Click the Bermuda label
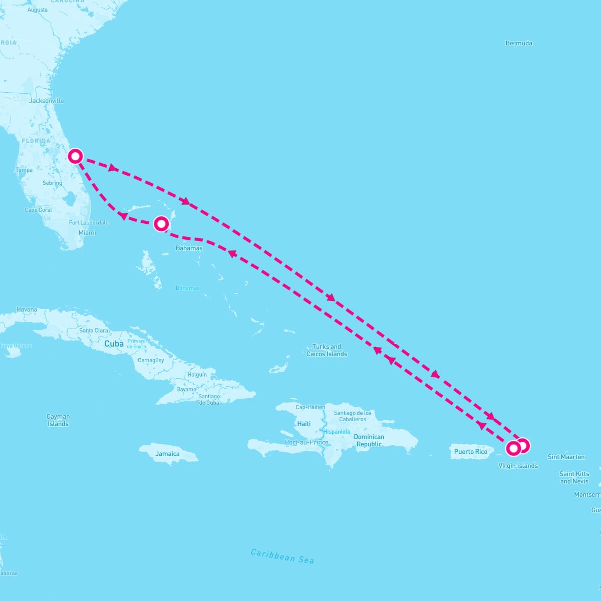519,43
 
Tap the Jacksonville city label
47,101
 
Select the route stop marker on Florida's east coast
75,156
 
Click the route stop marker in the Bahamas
161,223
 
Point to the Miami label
87,233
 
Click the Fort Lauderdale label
89,222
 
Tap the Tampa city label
24,170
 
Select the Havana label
27,310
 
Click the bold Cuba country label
114,344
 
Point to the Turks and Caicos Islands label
327,350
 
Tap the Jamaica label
167,454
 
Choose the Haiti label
304,424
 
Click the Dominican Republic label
369,441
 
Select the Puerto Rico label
471,452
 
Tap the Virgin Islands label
518,466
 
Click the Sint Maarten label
566,457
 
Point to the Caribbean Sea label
282,556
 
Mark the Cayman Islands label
58,420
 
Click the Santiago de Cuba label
209,399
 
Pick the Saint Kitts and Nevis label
574,477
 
